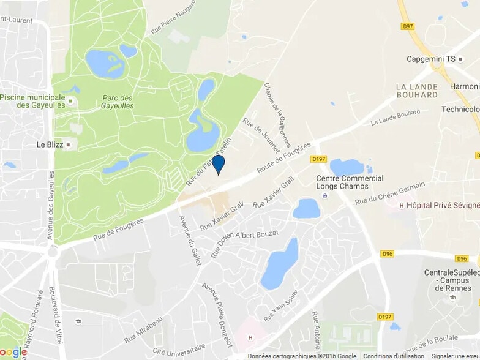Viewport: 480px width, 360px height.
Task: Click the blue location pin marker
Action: tap(218, 165)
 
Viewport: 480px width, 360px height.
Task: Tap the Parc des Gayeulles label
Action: tap(118, 102)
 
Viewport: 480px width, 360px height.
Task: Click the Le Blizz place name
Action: tap(50, 145)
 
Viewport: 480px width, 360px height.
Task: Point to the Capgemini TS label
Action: tap(432, 59)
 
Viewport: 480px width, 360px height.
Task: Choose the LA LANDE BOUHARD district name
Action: tap(417, 91)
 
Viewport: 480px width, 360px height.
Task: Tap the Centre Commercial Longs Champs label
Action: tap(350, 182)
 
